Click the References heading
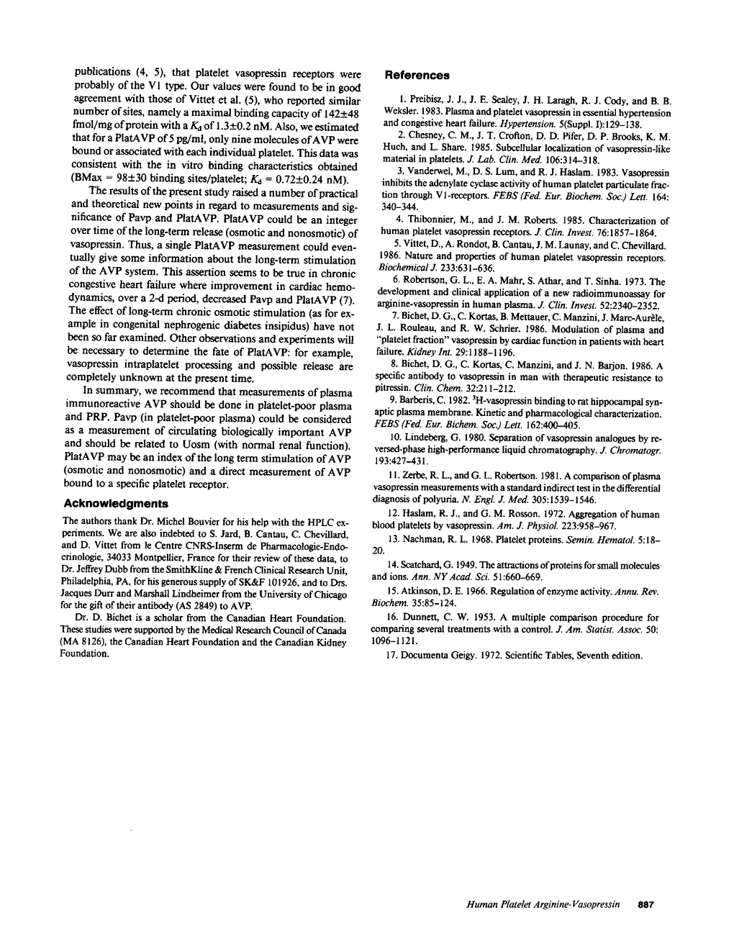click(x=417, y=75)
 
